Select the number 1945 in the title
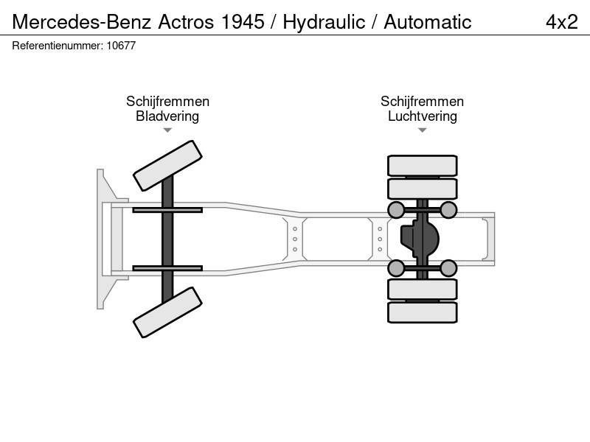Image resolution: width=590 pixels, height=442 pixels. pyautogui.click(x=243, y=22)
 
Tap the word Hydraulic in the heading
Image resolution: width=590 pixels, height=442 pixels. pyautogui.click(x=324, y=22)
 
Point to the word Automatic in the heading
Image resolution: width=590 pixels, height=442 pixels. pyautogui.click(x=428, y=22)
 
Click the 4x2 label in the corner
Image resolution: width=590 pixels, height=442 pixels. pyautogui.click(x=562, y=22)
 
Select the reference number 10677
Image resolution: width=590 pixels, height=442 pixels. pyautogui.click(x=121, y=46)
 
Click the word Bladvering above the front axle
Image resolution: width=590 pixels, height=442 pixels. pyautogui.click(x=167, y=116)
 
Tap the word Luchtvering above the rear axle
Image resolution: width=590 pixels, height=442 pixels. pyautogui.click(x=423, y=116)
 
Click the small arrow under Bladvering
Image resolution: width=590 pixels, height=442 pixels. pyautogui.click(x=167, y=130)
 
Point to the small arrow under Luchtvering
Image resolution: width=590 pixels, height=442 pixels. pyautogui.click(x=423, y=130)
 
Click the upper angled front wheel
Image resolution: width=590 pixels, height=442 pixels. pyautogui.click(x=167, y=166)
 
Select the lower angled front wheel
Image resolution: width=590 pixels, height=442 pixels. pyautogui.click(x=167, y=312)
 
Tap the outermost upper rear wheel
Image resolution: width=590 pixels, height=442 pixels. pyautogui.click(x=423, y=165)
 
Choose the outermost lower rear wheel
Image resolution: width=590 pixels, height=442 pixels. pyautogui.click(x=423, y=312)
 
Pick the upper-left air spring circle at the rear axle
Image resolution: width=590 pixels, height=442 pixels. pyautogui.click(x=396, y=210)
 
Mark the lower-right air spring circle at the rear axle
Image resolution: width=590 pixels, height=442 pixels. pyautogui.click(x=448, y=268)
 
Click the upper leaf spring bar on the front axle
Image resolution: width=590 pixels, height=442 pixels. pyautogui.click(x=167, y=210)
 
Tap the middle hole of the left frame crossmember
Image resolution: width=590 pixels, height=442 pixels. pyautogui.click(x=295, y=239)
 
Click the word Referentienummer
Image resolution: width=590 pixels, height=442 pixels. pyautogui.click(x=58, y=46)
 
